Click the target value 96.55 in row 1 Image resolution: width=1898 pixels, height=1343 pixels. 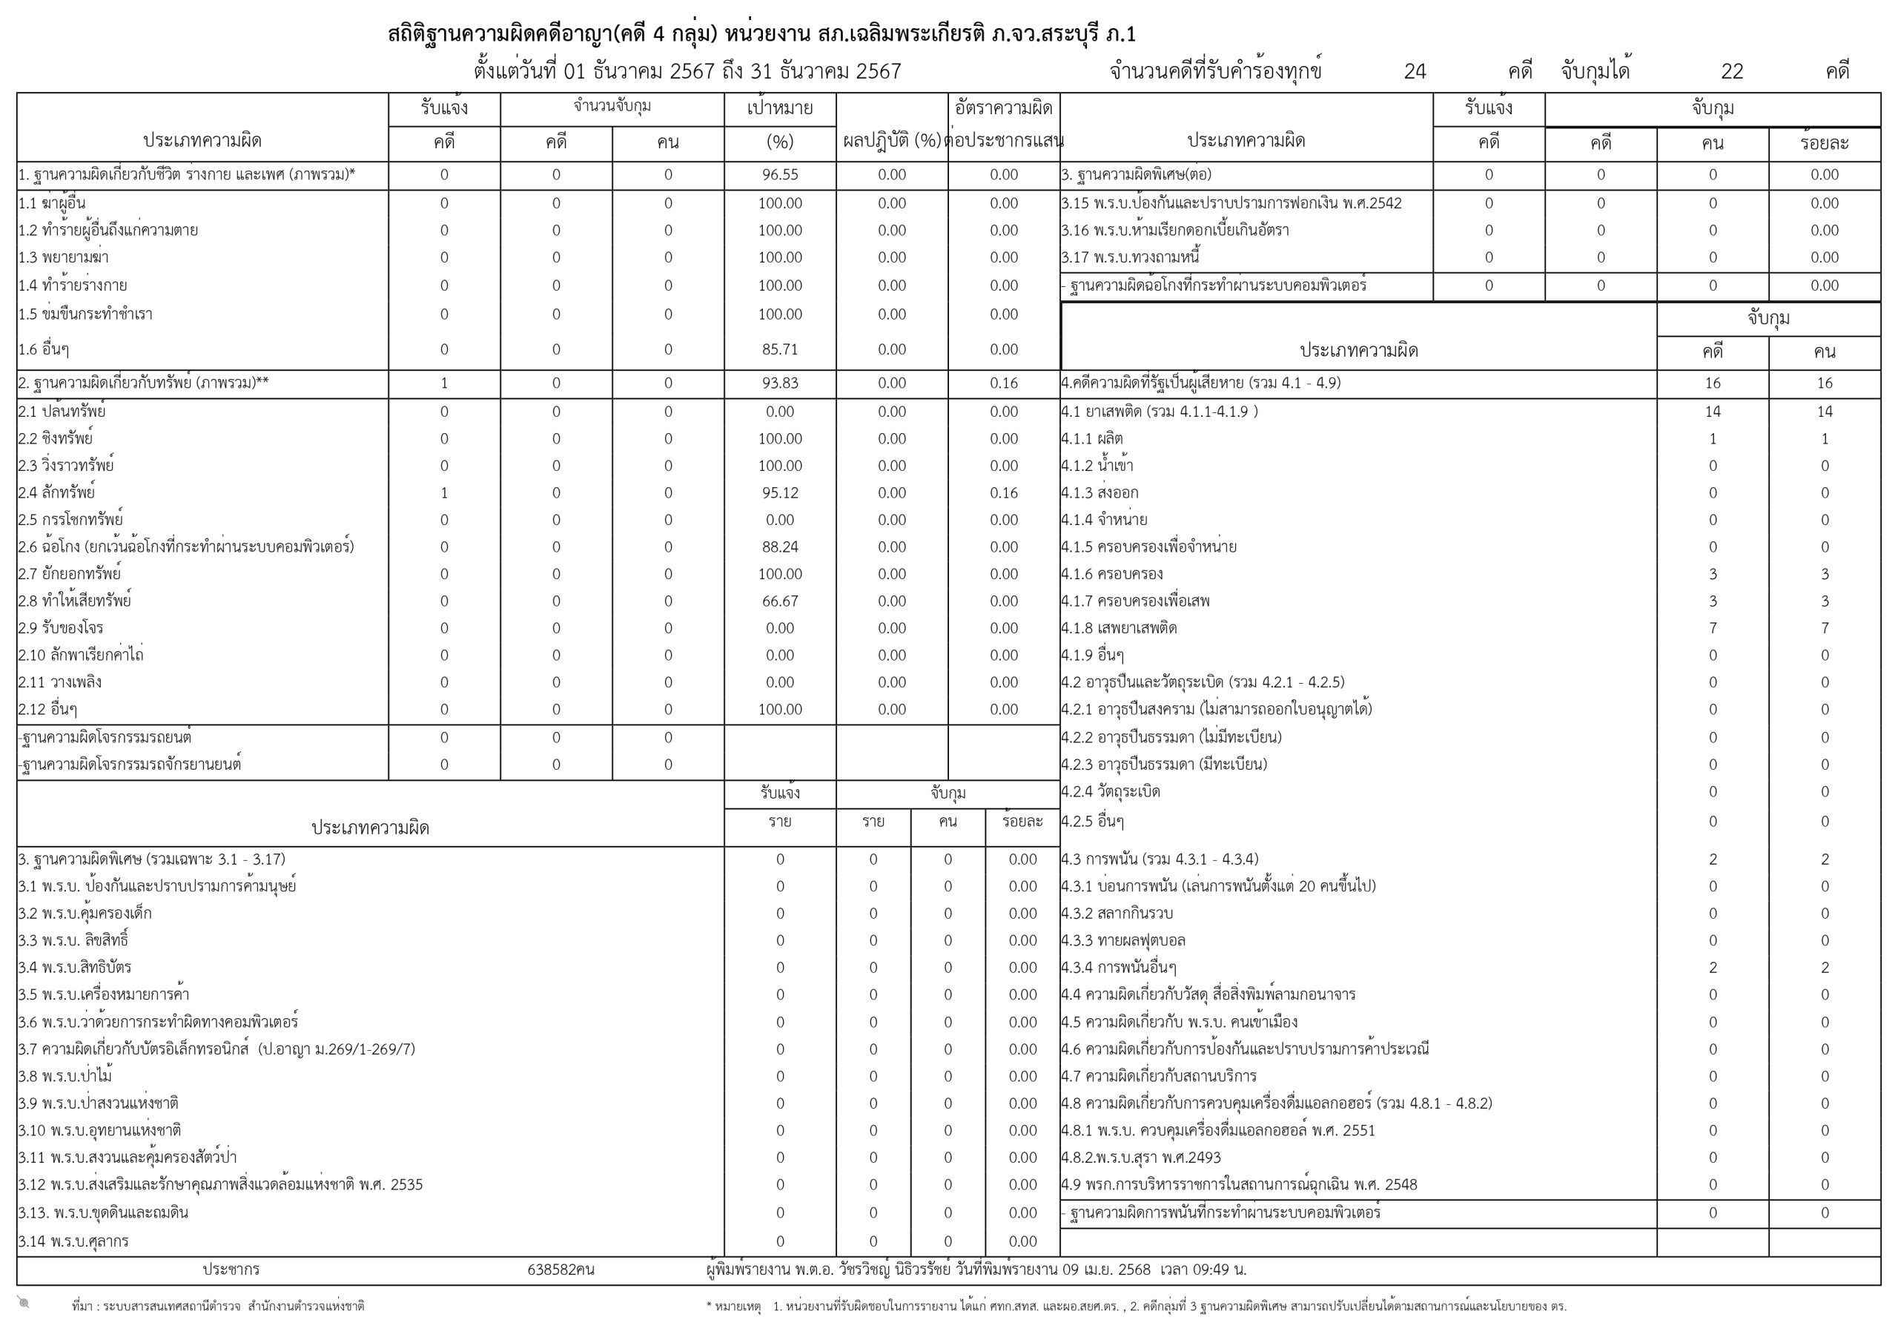(779, 174)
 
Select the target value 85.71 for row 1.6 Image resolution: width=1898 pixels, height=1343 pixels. (779, 349)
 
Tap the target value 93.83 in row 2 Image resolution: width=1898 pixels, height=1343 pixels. (779, 383)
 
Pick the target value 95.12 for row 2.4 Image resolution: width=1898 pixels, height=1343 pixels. (779, 493)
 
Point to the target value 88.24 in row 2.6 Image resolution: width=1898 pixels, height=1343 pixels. (779, 547)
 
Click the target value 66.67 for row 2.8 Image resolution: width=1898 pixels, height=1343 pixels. (779, 601)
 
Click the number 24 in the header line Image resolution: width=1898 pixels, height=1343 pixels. (1415, 72)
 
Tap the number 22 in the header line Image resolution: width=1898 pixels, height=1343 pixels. (1732, 72)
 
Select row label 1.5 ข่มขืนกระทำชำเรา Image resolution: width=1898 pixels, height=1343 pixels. (85, 314)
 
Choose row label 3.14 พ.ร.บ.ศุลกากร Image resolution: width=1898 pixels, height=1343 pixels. (73, 1241)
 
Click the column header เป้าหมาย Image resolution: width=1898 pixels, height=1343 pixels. (779, 108)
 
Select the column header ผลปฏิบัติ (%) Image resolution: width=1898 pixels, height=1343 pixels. (892, 142)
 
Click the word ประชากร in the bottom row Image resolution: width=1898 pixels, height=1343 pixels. (231, 1270)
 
